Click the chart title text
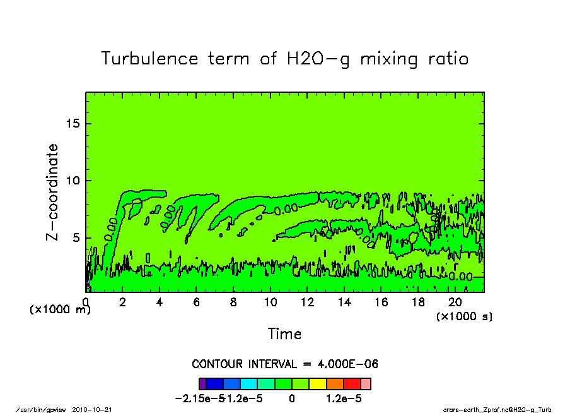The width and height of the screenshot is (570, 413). pyautogui.click(x=285, y=59)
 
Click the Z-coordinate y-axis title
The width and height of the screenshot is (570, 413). pyautogui.click(x=53, y=192)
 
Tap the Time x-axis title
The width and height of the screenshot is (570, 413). pyautogui.click(x=284, y=333)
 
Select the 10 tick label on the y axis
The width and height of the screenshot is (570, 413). pyautogui.click(x=74, y=181)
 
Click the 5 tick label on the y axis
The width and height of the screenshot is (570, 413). pyautogui.click(x=78, y=238)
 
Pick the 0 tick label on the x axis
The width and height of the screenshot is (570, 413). pyautogui.click(x=86, y=302)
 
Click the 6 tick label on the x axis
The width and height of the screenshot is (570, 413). pyautogui.click(x=197, y=302)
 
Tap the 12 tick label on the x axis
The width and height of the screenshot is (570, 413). pyautogui.click(x=307, y=302)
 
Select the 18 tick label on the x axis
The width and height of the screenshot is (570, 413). pyautogui.click(x=418, y=302)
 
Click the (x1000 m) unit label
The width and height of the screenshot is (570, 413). pyautogui.click(x=61, y=310)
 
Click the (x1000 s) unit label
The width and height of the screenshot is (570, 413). pyautogui.click(x=464, y=316)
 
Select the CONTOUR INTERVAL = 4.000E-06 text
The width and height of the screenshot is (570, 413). pyautogui.click(x=285, y=364)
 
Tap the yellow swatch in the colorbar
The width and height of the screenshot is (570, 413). pyautogui.click(x=318, y=383)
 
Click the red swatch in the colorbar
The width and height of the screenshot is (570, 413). pyautogui.click(x=352, y=383)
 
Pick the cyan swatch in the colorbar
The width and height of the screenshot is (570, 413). pyautogui.click(x=249, y=383)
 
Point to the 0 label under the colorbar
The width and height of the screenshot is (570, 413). pyautogui.click(x=292, y=399)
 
